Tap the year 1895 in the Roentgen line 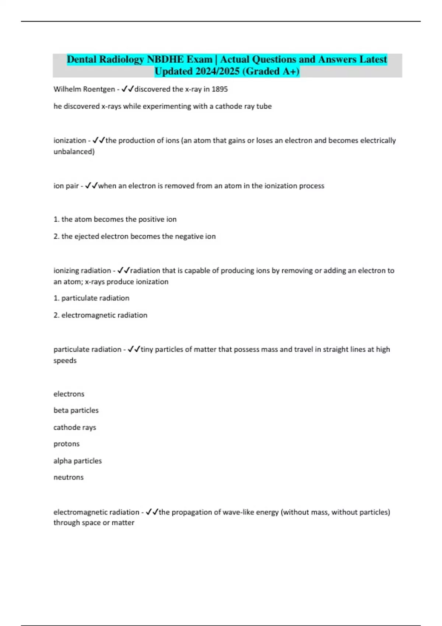(x=220, y=89)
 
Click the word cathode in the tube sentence (x=228, y=106)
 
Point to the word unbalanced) (x=74, y=152)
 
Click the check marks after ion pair (x=91, y=186)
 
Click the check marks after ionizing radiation (x=123, y=271)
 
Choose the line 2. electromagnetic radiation (x=101, y=315)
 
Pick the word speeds (x=65, y=361)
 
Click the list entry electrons (x=69, y=394)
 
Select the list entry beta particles (x=76, y=410)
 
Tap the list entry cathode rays (x=75, y=428)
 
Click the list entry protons (x=67, y=444)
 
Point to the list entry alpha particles (x=78, y=461)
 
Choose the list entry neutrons (x=69, y=477)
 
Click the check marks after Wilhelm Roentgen (x=127, y=89)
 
